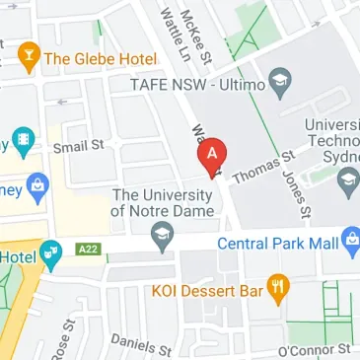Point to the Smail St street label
tap(78, 147)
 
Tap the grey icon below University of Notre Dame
tap(160, 235)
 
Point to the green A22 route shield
tap(87, 250)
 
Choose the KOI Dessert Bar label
tap(208, 291)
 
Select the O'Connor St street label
tap(314, 350)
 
